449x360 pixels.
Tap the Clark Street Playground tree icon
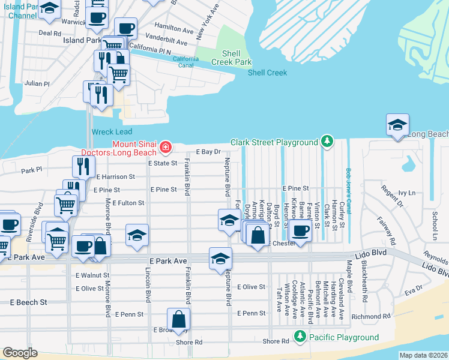[327, 142]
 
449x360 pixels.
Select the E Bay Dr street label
[208, 152]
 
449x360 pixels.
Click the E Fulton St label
[128, 203]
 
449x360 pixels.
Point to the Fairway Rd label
[392, 231]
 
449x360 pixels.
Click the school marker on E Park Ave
[220, 258]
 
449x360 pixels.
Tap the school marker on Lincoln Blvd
[137, 235]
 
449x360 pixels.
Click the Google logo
[19, 353]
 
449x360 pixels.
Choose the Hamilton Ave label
[173, 28]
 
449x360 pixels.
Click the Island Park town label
[82, 40]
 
